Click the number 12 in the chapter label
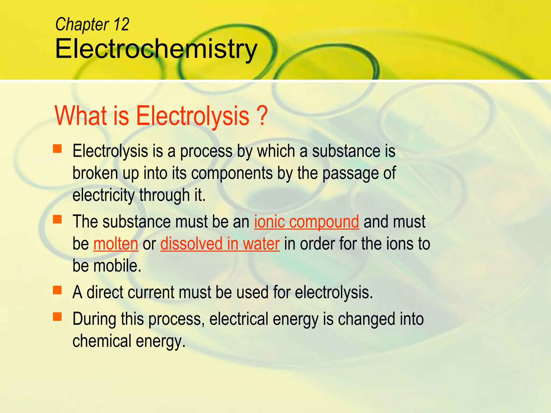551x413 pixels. click(x=121, y=24)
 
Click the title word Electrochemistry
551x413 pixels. click(x=156, y=49)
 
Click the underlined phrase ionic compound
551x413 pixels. click(x=306, y=222)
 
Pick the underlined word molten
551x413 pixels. click(x=116, y=244)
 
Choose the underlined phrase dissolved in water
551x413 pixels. click(x=220, y=244)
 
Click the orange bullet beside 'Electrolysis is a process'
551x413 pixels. click(x=57, y=149)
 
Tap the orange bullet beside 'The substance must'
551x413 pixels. click(x=57, y=219)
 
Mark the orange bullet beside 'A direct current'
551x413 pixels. click(x=57, y=290)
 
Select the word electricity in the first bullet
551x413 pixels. click(x=104, y=195)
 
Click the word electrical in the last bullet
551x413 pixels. click(x=238, y=319)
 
